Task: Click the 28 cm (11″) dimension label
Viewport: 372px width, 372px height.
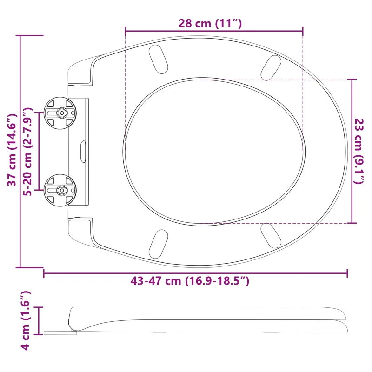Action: tap(210, 24)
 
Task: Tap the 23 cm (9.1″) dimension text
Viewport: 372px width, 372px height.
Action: tap(359, 151)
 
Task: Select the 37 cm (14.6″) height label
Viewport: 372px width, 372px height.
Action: tap(13, 150)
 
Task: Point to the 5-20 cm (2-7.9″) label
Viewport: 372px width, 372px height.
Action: tap(28, 152)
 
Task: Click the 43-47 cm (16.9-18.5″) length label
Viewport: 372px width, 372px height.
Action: tap(190, 281)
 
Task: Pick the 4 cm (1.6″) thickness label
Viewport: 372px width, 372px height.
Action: tap(26, 321)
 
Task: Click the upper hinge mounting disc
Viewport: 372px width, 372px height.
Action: tap(60, 113)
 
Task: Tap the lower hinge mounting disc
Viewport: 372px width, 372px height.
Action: tap(60, 190)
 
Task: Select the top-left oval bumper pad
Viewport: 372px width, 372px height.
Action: tap(158, 59)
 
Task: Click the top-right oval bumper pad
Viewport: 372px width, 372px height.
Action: tap(271, 67)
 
